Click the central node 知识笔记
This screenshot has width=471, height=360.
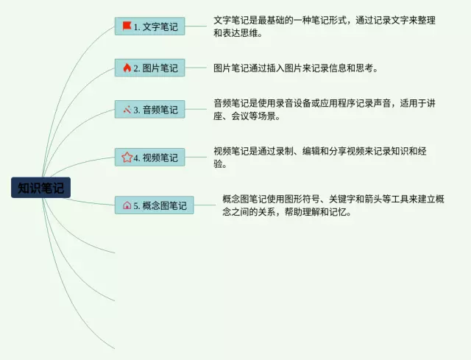tap(41, 188)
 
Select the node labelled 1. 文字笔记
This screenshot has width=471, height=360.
tap(149, 27)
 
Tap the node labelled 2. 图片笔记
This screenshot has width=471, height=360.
tap(149, 68)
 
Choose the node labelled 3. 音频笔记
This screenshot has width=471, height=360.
tap(149, 109)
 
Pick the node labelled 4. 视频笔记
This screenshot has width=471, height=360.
tap(149, 157)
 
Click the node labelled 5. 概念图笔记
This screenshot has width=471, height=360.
tap(154, 205)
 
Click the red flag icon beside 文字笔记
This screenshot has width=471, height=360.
tap(127, 26)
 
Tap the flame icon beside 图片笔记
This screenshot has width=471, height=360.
tap(127, 68)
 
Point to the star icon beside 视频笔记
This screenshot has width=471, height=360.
tap(127, 157)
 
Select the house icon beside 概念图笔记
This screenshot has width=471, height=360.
tap(127, 205)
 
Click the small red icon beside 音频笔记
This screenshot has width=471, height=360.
tap(127, 110)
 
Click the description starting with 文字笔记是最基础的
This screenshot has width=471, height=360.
tap(325, 27)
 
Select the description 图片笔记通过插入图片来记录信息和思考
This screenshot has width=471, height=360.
tap(296, 68)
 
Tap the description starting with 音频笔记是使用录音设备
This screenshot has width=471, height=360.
tap(325, 110)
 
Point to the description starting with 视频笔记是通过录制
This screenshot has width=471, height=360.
tap(320, 157)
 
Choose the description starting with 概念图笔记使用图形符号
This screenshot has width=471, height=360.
tap(333, 205)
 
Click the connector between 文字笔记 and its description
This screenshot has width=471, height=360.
tap(196, 27)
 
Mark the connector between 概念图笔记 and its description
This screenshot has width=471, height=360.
tap(205, 205)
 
